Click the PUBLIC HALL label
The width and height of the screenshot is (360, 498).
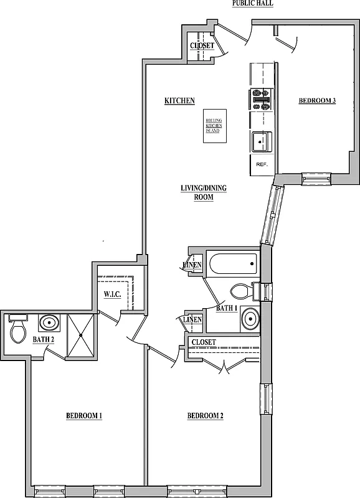pyautogui.click(x=252, y=4)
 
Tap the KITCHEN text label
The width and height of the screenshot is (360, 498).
pyautogui.click(x=179, y=101)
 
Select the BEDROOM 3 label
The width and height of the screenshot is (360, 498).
pyautogui.click(x=317, y=101)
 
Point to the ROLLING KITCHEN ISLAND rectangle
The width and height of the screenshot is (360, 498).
pyautogui.click(x=214, y=125)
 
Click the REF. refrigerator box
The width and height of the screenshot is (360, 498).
pyautogui.click(x=262, y=164)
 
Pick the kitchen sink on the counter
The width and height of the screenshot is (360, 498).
pyautogui.click(x=261, y=142)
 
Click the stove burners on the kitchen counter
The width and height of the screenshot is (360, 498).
pyautogui.click(x=260, y=98)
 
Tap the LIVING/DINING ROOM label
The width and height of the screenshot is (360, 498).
pyautogui.click(x=197, y=192)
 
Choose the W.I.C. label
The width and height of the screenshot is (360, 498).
pyautogui.click(x=112, y=294)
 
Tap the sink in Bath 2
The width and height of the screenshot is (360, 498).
pyautogui.click(x=50, y=323)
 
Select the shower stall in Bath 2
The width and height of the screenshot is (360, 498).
pyautogui.click(x=80, y=336)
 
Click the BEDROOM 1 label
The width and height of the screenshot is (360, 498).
pyautogui.click(x=84, y=416)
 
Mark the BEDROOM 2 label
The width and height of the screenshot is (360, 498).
pyautogui.click(x=205, y=416)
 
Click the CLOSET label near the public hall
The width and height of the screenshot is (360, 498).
pyautogui.click(x=202, y=46)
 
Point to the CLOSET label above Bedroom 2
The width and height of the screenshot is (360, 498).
pyautogui.click(x=204, y=342)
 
